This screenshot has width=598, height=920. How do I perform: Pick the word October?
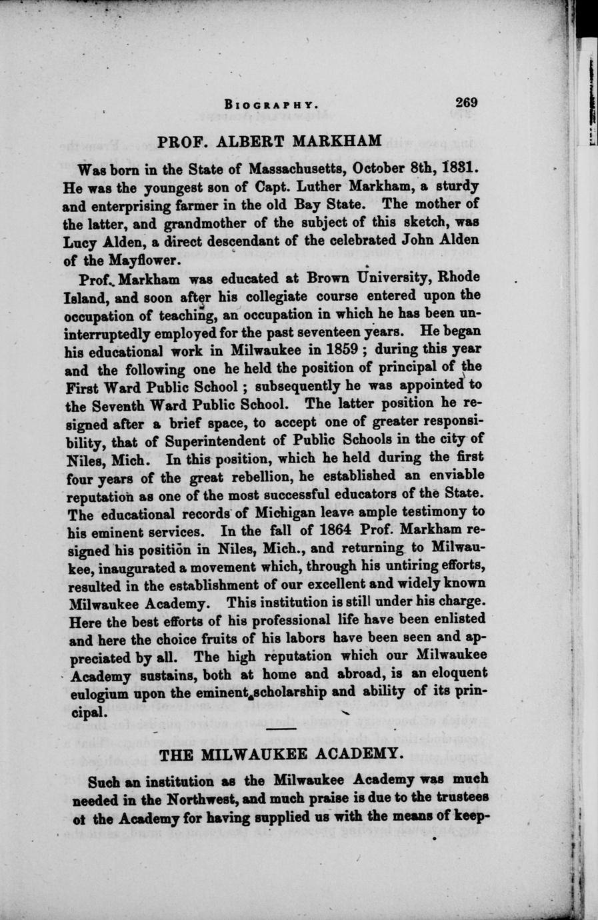click(383, 165)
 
